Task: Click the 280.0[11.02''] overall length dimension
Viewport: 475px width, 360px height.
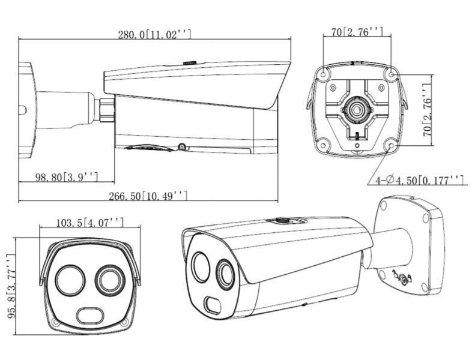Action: pos(154,35)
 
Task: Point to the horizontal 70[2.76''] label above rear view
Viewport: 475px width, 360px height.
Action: pos(357,32)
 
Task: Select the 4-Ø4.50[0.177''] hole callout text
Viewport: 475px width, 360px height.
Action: pos(420,179)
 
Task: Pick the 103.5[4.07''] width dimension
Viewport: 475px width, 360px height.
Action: pos(90,223)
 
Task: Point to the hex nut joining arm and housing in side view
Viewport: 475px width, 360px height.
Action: pos(106,109)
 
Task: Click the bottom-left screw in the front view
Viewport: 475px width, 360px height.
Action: pos(55,324)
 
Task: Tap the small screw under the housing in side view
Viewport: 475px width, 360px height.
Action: pos(180,146)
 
